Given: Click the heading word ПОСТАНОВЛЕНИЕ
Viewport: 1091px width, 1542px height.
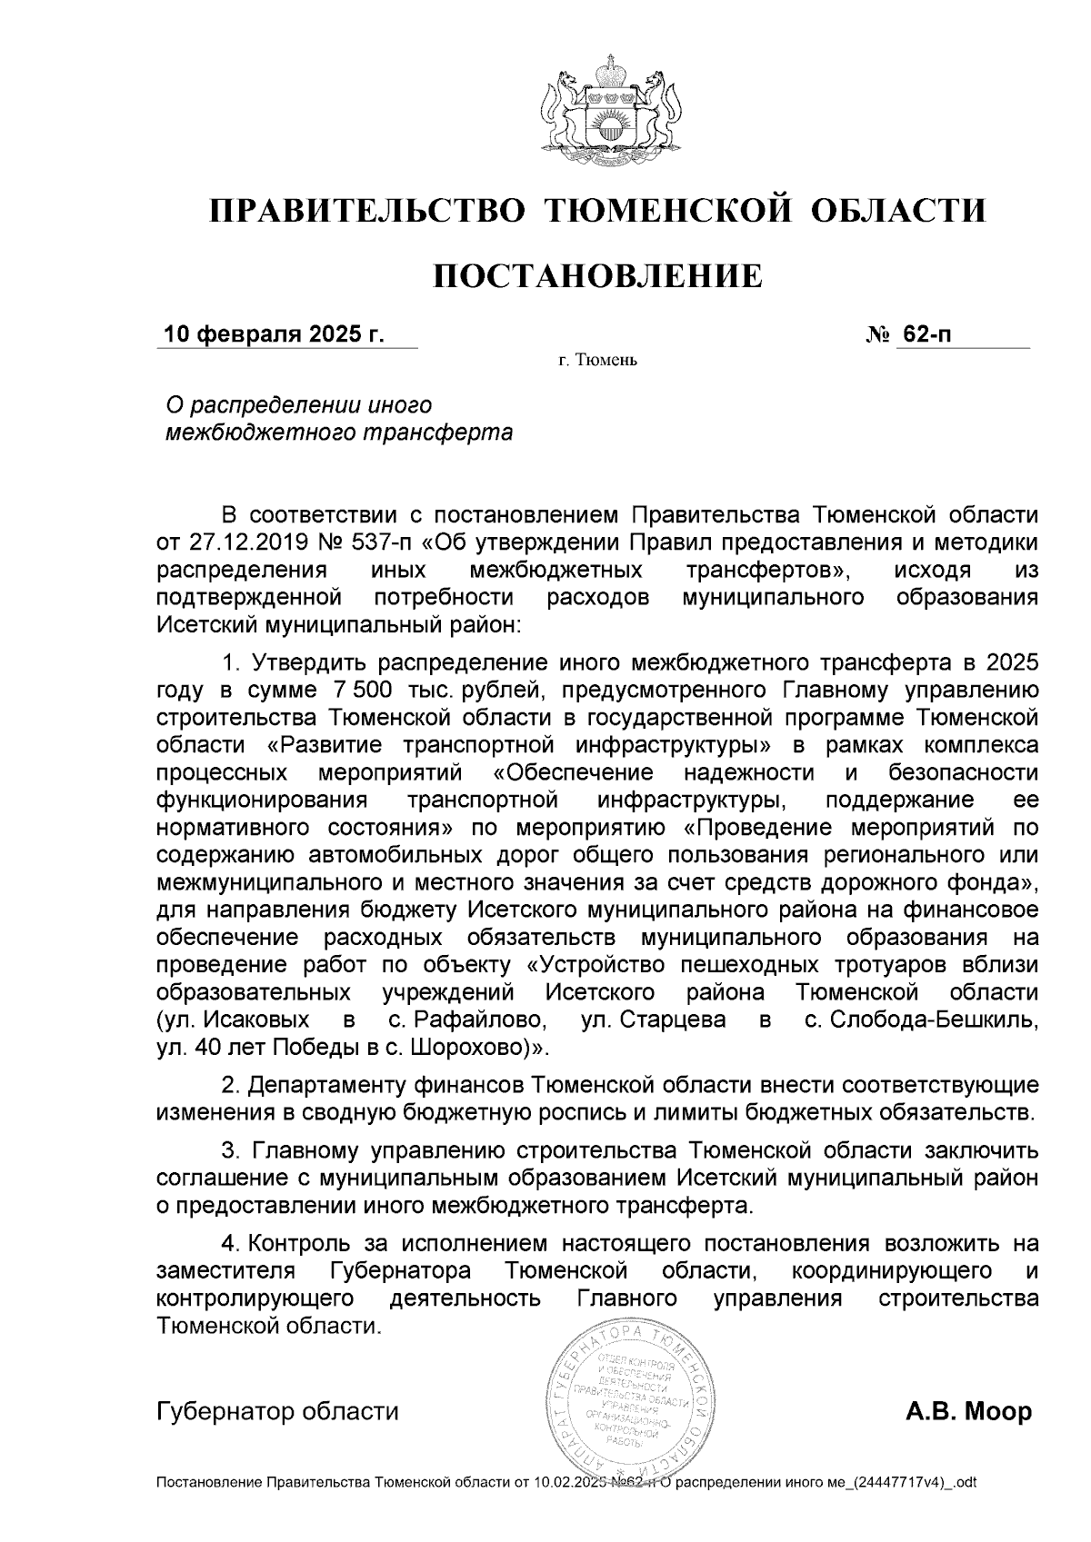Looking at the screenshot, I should (x=597, y=275).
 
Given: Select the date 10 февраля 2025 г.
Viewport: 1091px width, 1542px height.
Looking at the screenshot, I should (x=273, y=334).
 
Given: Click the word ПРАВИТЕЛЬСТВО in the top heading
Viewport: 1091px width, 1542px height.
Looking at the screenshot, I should (x=368, y=211).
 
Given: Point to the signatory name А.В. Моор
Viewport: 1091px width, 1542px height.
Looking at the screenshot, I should (x=969, y=1412).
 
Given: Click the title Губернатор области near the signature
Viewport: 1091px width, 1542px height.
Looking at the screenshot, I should (x=278, y=1412).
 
